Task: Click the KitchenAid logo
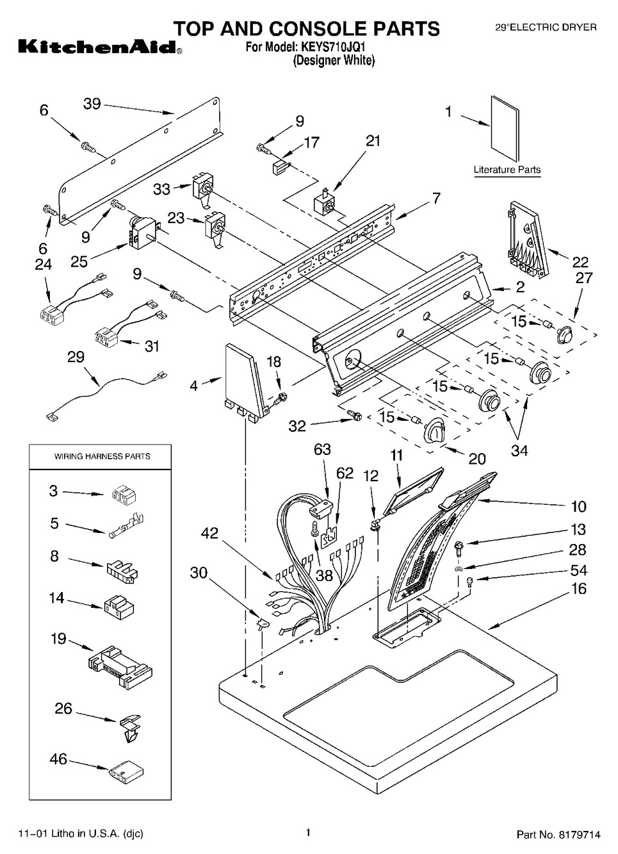[96, 47]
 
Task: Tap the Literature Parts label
[507, 170]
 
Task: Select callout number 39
[92, 103]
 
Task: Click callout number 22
[580, 261]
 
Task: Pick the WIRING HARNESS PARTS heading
[102, 456]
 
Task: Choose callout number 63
[322, 450]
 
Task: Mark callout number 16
[578, 588]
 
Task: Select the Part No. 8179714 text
[558, 835]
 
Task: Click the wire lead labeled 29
[102, 388]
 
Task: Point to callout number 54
[578, 570]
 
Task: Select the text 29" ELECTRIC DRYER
[546, 28]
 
